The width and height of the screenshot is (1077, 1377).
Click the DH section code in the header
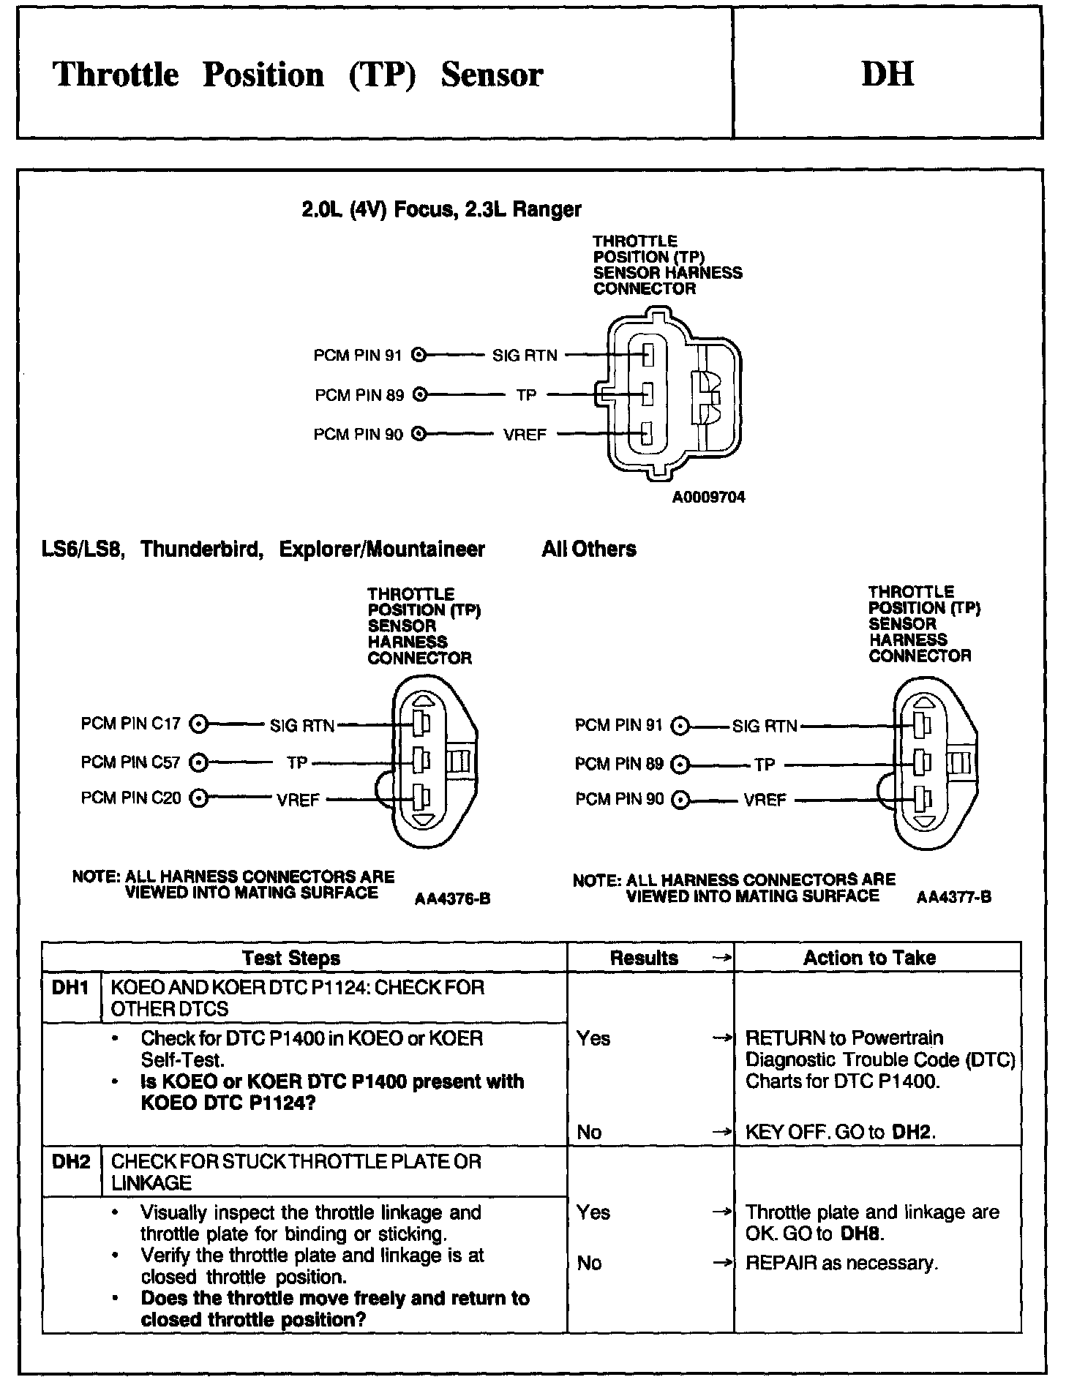pyautogui.click(x=888, y=74)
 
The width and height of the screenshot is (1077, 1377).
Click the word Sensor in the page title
pyautogui.click(x=492, y=75)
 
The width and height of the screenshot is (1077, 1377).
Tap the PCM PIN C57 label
pyautogui.click(x=130, y=762)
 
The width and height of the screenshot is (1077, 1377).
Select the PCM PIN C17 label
pyautogui.click(x=130, y=724)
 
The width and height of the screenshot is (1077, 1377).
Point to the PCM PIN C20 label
pyautogui.click(x=130, y=798)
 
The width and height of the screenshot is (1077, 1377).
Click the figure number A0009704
pyautogui.click(x=708, y=498)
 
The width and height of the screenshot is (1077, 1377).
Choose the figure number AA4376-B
pyautogui.click(x=452, y=899)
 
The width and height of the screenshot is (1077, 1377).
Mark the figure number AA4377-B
pyautogui.click(x=954, y=897)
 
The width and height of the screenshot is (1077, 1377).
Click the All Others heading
pyautogui.click(x=589, y=549)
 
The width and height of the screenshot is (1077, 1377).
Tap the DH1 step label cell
pyautogui.click(x=70, y=988)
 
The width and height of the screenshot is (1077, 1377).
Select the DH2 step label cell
pyautogui.click(x=71, y=1161)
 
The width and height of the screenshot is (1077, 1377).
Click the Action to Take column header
pyautogui.click(x=869, y=958)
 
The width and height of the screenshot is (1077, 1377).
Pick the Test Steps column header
pyautogui.click(x=290, y=958)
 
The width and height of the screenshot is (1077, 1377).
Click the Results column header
pyautogui.click(x=644, y=958)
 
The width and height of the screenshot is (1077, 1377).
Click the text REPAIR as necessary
pyautogui.click(x=841, y=1263)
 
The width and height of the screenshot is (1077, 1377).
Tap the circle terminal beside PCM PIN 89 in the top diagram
pyautogui.click(x=419, y=395)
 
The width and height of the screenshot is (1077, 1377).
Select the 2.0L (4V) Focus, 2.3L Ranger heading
pyautogui.click(x=441, y=210)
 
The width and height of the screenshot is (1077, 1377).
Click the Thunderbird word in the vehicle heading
pyautogui.click(x=201, y=549)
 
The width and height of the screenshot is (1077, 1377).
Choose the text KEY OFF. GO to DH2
pyautogui.click(x=840, y=1132)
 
